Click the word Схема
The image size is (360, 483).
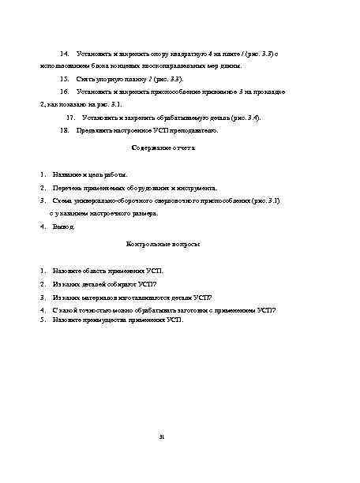pyautogui.click(x=62, y=201)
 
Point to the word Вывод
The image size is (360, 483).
pyautogui.click(x=63, y=227)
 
